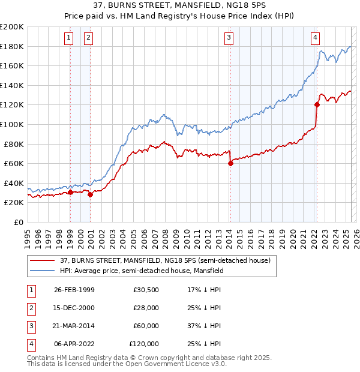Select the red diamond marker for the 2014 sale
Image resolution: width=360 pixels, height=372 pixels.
click(x=230, y=163)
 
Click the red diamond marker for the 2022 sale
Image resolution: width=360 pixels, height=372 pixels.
click(x=317, y=105)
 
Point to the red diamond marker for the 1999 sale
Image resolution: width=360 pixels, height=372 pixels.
click(x=70, y=193)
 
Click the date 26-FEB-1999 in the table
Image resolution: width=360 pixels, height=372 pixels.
click(x=74, y=289)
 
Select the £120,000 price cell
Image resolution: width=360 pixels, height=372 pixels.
click(x=144, y=344)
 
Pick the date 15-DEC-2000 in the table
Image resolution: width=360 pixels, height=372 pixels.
click(x=74, y=308)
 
